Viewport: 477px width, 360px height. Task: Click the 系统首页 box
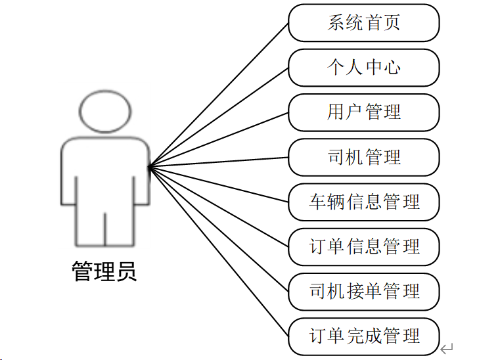(x=363, y=23)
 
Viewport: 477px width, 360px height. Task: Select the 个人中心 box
(x=363, y=68)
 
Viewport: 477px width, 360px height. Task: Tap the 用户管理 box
(x=363, y=112)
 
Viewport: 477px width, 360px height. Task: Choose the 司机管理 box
(x=363, y=158)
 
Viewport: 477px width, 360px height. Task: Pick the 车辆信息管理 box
(x=363, y=202)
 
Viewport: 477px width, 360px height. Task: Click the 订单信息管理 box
(x=363, y=247)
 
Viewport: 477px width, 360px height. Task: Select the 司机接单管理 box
(x=363, y=291)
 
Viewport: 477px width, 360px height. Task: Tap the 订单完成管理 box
(x=363, y=336)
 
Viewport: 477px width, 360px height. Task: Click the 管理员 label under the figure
(x=104, y=271)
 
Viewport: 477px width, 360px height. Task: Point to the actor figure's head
(x=104, y=110)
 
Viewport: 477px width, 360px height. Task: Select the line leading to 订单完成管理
(x=219, y=251)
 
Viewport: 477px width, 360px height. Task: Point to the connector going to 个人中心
(x=219, y=117)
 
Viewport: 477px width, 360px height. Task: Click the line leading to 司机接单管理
(x=219, y=229)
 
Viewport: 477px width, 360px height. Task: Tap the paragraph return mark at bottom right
(x=446, y=348)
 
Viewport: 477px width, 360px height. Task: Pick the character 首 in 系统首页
(x=373, y=23)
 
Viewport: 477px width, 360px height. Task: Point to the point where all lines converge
(x=150, y=166)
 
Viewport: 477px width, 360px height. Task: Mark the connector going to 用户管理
(x=219, y=139)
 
